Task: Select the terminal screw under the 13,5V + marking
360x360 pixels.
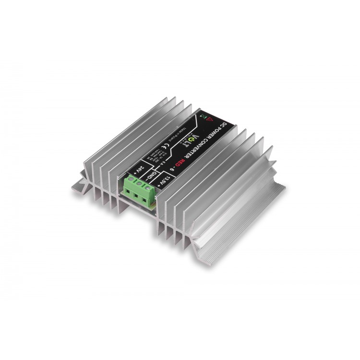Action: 147,188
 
